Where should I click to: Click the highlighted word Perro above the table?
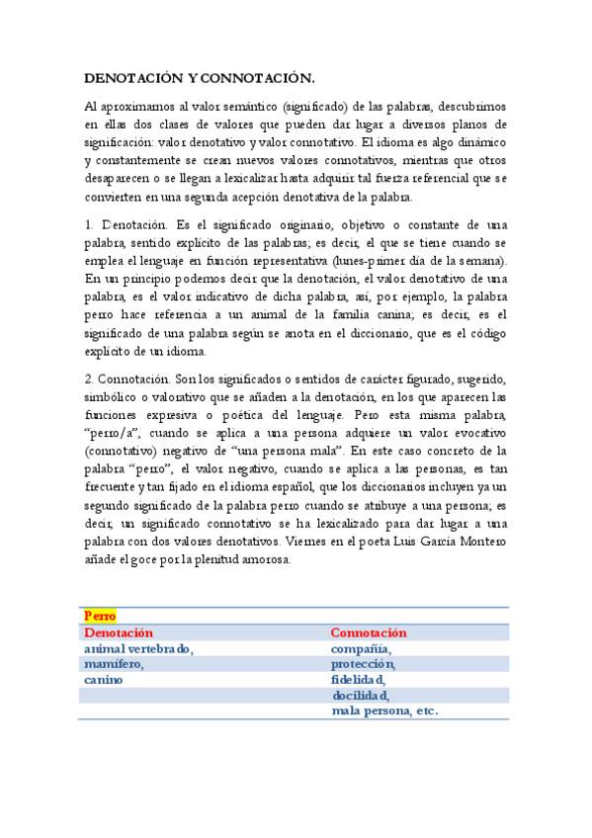(x=101, y=616)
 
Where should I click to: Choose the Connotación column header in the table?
(x=370, y=632)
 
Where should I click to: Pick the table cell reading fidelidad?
(x=359, y=680)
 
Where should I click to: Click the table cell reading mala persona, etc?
(x=385, y=711)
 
